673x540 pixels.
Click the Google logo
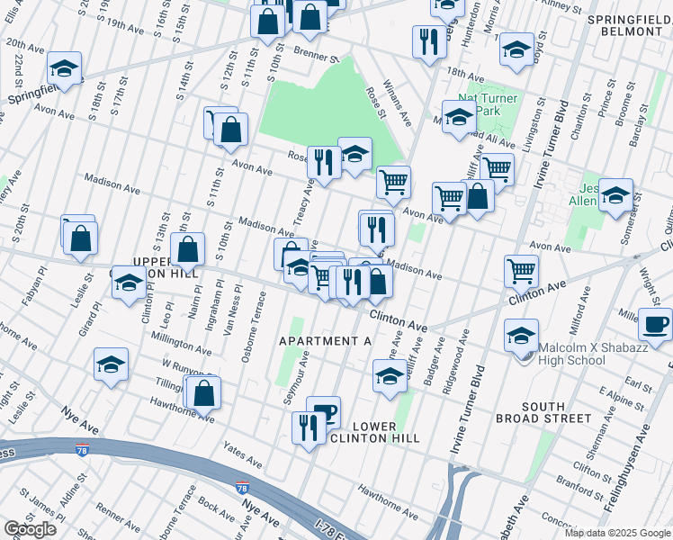(31, 529)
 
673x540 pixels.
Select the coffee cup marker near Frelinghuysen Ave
(654, 324)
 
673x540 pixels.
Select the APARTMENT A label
(325, 341)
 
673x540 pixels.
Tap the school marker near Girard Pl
(129, 282)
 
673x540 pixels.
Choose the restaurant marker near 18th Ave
(427, 40)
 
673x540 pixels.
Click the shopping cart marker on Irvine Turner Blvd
(521, 269)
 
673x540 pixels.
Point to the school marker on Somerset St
(615, 194)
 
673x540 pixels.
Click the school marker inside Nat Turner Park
(459, 118)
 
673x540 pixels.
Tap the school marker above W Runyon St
(111, 364)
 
